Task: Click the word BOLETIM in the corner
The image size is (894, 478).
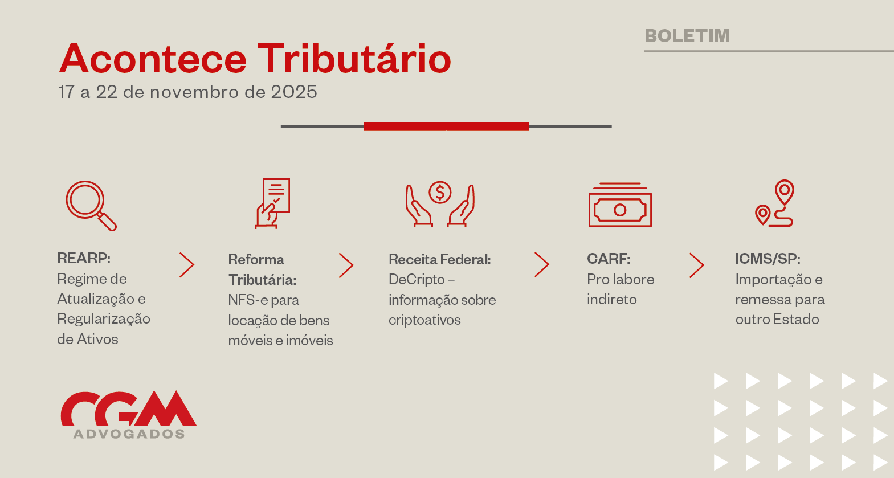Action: point(687,36)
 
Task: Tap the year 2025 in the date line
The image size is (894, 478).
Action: point(294,92)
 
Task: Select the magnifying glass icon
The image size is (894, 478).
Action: point(91,206)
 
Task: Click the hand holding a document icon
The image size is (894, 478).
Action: point(272,203)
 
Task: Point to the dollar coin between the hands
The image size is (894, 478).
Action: point(440,193)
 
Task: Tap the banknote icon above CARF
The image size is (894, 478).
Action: point(620,205)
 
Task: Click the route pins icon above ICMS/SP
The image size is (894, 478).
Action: point(775,203)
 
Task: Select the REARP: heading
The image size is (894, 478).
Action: point(84,258)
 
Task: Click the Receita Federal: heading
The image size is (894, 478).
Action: point(440,259)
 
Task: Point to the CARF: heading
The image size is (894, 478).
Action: point(609,259)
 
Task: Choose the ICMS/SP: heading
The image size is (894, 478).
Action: point(768,259)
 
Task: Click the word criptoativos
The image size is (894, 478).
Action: point(424,320)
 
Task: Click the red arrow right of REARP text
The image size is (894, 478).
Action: point(187,265)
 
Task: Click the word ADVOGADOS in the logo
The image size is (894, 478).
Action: point(129,434)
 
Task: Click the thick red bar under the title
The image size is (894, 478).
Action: point(446,126)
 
